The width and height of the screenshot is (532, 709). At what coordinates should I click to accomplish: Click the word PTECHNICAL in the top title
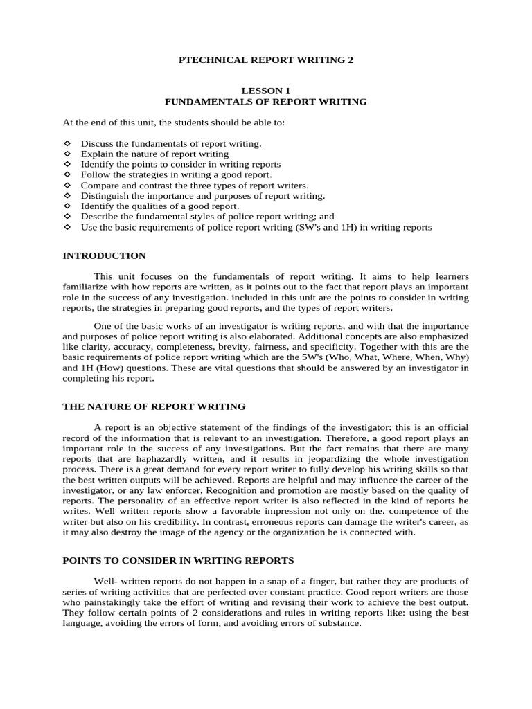click(x=204, y=60)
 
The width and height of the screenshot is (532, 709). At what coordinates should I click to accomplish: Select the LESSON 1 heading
click(x=266, y=91)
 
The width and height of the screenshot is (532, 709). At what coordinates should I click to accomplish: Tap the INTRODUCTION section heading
click(x=104, y=255)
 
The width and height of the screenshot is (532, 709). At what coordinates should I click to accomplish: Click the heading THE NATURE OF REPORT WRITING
click(x=154, y=406)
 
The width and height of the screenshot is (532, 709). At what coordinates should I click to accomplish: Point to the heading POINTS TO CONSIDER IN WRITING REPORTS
click(x=178, y=560)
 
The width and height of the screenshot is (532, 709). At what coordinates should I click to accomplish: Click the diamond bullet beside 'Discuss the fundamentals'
click(x=67, y=143)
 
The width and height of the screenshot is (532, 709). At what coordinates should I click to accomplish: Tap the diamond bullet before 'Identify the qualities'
click(x=67, y=206)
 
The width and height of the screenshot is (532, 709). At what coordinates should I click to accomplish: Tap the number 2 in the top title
click(x=350, y=60)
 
